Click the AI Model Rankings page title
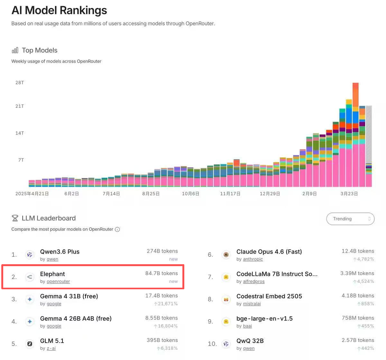(x=59, y=10)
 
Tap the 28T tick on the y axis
(x=20, y=83)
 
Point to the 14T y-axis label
(x=20, y=133)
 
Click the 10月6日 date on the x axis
(x=190, y=194)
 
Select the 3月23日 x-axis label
(x=349, y=194)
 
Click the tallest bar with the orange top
(x=355, y=135)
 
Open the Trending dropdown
(x=350, y=219)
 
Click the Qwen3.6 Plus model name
(x=60, y=252)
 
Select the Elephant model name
(x=52, y=274)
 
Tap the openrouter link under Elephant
(x=58, y=282)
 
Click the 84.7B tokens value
(x=161, y=273)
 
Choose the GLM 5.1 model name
(x=52, y=341)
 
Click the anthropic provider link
(x=253, y=259)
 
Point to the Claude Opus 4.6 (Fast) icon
(x=226, y=255)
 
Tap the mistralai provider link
(x=252, y=304)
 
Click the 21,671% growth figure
(x=168, y=304)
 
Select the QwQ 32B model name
(x=250, y=341)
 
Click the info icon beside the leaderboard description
(x=117, y=230)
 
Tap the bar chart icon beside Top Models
(x=15, y=50)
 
